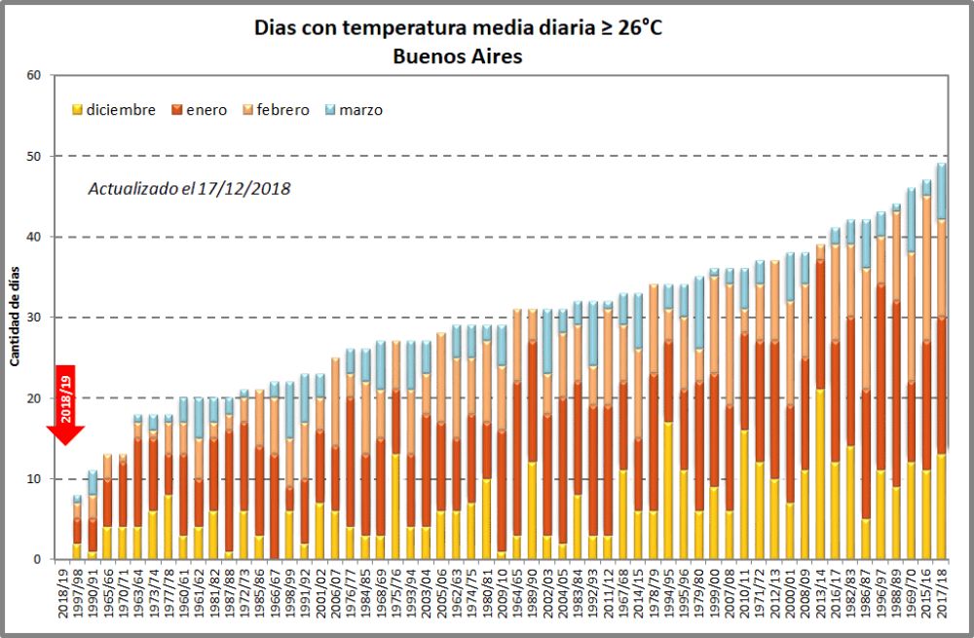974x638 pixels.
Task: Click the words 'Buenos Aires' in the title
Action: (457, 56)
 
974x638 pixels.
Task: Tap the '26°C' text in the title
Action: (639, 27)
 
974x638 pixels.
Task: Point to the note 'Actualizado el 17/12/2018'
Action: (189, 188)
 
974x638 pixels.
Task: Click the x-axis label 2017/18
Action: (942, 596)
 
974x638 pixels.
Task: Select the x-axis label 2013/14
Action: (820, 596)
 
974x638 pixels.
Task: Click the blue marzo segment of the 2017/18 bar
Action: (942, 192)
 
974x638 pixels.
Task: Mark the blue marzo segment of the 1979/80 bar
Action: (698, 312)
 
